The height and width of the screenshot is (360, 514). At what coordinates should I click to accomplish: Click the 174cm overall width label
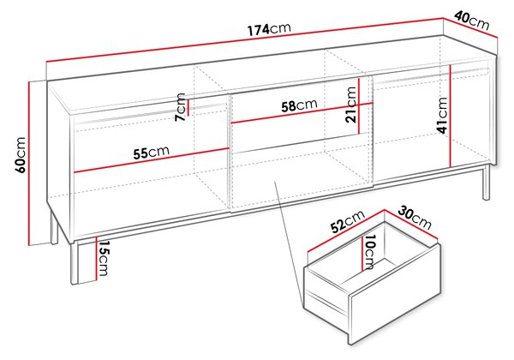click(269, 29)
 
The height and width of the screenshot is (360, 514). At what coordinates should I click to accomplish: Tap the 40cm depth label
click(471, 21)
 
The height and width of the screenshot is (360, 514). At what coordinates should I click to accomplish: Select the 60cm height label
click(21, 154)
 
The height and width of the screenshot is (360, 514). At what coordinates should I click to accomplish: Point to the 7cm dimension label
click(180, 107)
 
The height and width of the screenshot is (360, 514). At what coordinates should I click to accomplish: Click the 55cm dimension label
click(151, 152)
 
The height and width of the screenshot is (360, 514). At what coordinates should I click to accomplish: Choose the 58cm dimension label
click(299, 105)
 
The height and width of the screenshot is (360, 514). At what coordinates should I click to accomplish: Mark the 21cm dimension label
click(350, 105)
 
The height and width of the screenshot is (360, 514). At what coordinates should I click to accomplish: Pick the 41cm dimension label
click(442, 115)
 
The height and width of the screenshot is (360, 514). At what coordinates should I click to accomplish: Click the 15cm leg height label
click(104, 258)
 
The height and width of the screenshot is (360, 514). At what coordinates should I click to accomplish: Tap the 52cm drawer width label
click(348, 221)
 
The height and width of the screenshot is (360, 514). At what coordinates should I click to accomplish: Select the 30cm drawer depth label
click(415, 218)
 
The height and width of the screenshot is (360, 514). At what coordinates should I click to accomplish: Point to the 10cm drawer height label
click(369, 252)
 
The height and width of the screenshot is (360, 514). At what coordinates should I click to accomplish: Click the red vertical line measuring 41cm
click(451, 116)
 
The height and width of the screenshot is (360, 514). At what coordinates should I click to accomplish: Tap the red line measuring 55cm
click(151, 160)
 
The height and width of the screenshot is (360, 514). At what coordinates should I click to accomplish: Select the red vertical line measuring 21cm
click(359, 105)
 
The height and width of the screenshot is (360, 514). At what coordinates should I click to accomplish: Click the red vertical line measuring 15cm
click(96, 258)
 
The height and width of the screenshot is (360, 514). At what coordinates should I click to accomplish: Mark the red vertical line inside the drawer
click(362, 254)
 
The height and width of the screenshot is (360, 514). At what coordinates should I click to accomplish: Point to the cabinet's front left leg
click(75, 263)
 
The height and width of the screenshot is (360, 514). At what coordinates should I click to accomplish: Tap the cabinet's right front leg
click(486, 183)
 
